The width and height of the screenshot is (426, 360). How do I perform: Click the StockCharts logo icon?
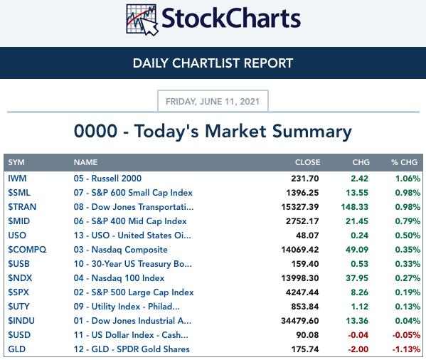pyautogui.click(x=142, y=20)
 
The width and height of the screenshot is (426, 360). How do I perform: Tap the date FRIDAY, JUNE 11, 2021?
pyautogui.click(x=213, y=102)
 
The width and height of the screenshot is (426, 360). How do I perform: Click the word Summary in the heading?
pyautogui.click(x=312, y=132)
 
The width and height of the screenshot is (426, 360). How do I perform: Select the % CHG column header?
pyautogui.click(x=404, y=162)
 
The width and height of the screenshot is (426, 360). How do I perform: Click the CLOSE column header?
pyautogui.click(x=307, y=162)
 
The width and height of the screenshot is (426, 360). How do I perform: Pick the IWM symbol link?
pyautogui.click(x=17, y=179)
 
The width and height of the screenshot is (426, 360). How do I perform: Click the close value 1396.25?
pyautogui.click(x=302, y=193)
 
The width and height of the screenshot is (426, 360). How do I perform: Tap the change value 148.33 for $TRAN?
pyautogui.click(x=355, y=207)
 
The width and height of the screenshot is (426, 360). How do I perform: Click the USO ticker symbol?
pyautogui.click(x=17, y=235)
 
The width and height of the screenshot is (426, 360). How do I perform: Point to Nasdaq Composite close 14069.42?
pyautogui.click(x=300, y=250)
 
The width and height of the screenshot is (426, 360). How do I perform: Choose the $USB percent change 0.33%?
pyautogui.click(x=408, y=264)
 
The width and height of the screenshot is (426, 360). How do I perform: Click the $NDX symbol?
pyautogui.click(x=20, y=278)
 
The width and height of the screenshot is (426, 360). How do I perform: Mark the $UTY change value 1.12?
pyautogui.click(x=360, y=307)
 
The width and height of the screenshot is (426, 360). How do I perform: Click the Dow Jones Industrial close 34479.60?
pyautogui.click(x=300, y=321)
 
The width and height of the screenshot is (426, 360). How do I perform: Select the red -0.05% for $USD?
pyautogui.click(x=406, y=335)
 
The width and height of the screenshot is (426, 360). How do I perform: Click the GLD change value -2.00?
pyautogui.click(x=358, y=349)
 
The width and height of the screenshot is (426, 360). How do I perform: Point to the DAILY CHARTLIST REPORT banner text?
pyautogui.click(x=213, y=63)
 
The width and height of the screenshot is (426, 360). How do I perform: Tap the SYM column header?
pyautogui.click(x=16, y=162)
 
